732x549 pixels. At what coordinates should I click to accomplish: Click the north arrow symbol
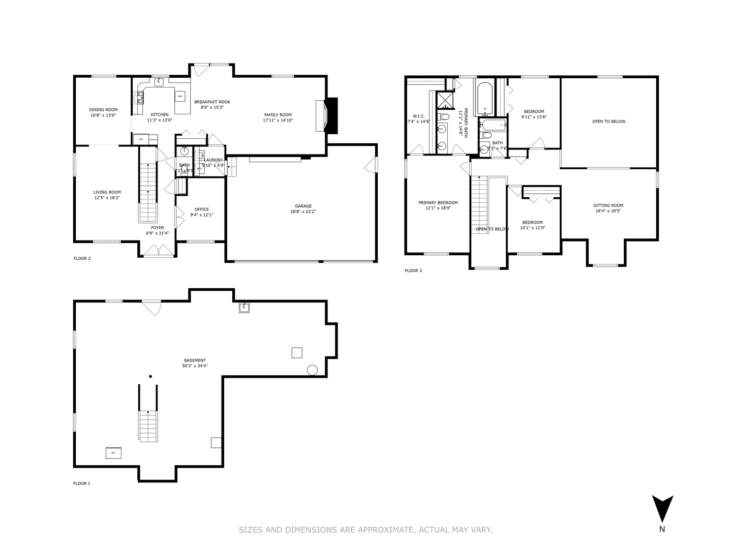click(x=662, y=508)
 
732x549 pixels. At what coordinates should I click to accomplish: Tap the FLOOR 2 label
click(x=82, y=259)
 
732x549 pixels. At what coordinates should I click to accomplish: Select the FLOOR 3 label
click(x=413, y=271)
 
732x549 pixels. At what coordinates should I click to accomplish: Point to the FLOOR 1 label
click(x=81, y=483)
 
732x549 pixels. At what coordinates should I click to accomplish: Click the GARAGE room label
click(x=303, y=206)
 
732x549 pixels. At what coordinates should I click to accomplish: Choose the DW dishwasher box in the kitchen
click(x=179, y=96)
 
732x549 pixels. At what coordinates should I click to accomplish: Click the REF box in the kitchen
click(x=141, y=139)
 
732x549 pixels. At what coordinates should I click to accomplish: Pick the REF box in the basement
click(x=113, y=452)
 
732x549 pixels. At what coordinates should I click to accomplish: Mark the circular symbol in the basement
click(x=312, y=370)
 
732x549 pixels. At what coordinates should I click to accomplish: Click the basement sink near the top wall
click(x=245, y=308)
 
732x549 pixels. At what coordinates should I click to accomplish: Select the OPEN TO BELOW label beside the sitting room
click(x=608, y=121)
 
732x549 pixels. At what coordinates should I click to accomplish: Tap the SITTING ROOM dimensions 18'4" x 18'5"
click(x=608, y=211)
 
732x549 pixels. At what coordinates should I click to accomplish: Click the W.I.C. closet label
click(x=419, y=116)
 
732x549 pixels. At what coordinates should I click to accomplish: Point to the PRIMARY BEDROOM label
click(x=438, y=202)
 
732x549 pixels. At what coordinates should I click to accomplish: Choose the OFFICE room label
click(x=201, y=209)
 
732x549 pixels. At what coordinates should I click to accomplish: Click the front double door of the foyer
click(x=158, y=251)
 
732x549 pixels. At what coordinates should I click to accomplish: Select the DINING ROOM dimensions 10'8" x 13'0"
click(x=103, y=115)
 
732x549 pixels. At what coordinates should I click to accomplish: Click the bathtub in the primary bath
click(x=485, y=98)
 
